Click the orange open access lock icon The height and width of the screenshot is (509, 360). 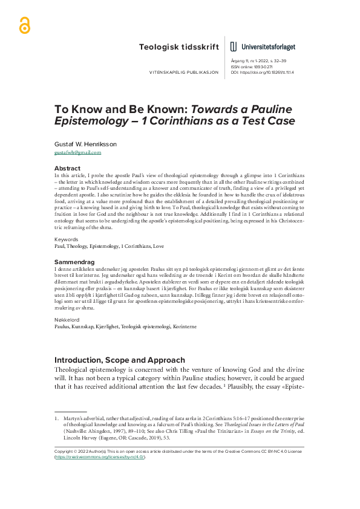tap(25, 24)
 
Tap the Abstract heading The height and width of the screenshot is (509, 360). tap(67, 168)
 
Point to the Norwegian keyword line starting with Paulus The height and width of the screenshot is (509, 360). tap(113, 328)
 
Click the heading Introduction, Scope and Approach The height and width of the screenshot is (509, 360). tap(120, 360)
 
